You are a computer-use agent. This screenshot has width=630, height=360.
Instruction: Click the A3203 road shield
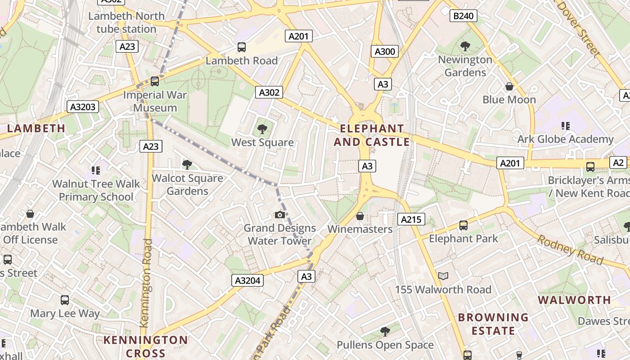click(x=83, y=107)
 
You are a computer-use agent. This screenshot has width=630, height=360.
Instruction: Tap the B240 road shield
click(x=463, y=16)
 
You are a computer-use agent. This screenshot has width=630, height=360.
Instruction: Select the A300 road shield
click(x=385, y=51)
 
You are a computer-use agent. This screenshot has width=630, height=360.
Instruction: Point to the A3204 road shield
click(x=247, y=280)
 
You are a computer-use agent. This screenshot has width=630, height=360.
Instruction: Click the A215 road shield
click(x=411, y=219)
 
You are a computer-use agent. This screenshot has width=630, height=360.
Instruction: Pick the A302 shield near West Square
click(x=269, y=92)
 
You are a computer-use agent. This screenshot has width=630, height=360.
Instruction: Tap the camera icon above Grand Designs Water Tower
click(x=280, y=215)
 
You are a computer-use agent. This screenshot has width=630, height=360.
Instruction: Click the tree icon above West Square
click(x=262, y=130)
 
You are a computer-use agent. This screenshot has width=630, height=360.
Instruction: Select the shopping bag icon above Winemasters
click(x=360, y=216)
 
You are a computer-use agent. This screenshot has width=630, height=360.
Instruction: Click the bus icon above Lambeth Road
click(x=242, y=47)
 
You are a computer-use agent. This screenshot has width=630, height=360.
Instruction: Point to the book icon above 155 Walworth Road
click(x=443, y=276)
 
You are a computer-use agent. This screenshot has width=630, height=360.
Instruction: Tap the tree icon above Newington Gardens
click(x=465, y=46)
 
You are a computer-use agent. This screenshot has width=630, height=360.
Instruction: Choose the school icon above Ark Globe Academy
click(x=566, y=126)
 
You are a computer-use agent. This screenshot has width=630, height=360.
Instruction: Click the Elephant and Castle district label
click(x=372, y=135)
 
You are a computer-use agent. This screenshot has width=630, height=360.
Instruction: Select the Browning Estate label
click(x=493, y=324)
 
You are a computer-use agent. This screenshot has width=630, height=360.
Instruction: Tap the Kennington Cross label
click(x=145, y=346)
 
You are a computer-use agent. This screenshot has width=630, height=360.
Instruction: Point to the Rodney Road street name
click(x=570, y=250)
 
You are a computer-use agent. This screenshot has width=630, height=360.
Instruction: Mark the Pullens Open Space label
click(x=385, y=345)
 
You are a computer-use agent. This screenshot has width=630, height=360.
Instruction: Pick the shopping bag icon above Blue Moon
click(x=509, y=86)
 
